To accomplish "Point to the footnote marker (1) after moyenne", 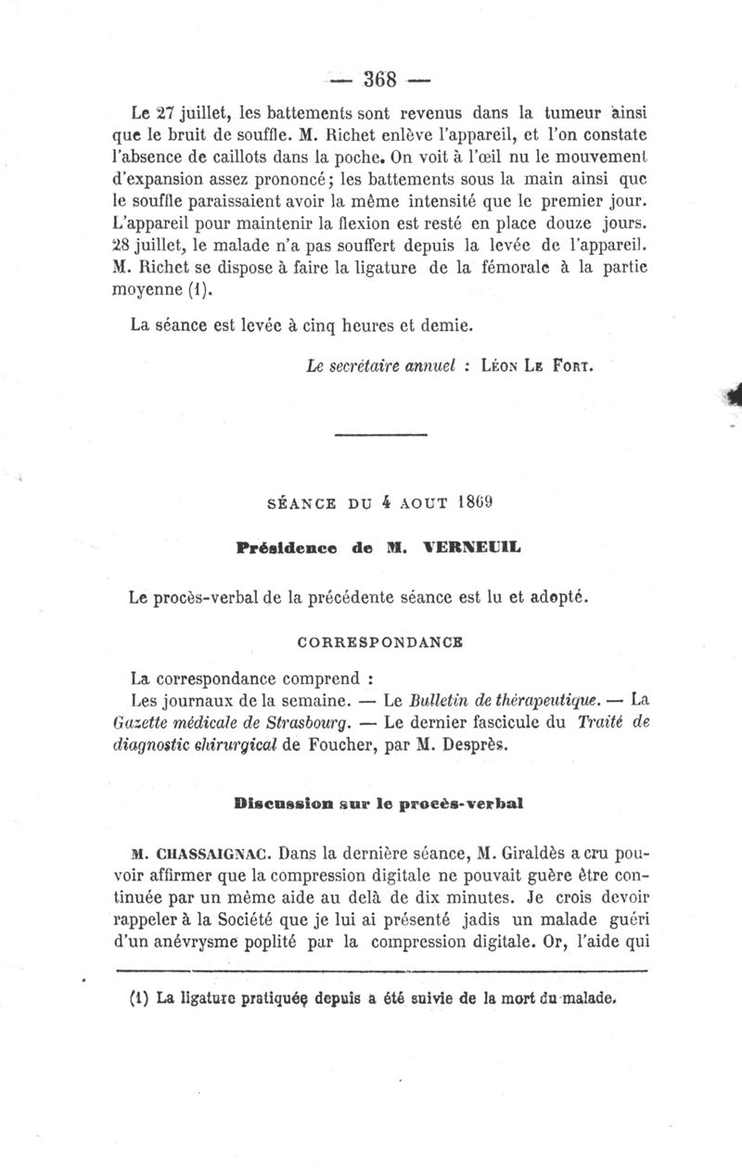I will (200, 292).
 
